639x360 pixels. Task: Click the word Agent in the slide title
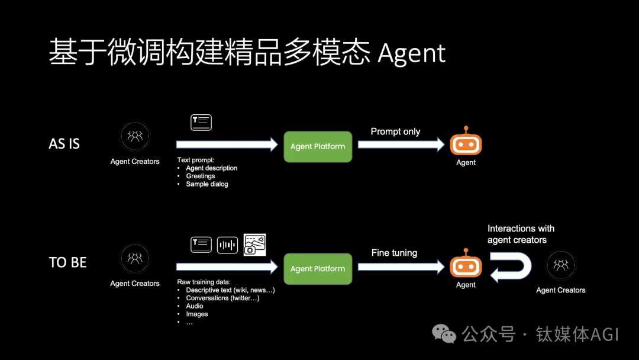coord(411,53)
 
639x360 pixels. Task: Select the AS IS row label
coord(64,144)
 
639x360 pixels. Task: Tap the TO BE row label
coord(67,262)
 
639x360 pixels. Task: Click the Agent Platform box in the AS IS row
coord(318,146)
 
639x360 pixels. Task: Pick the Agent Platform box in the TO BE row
coord(318,268)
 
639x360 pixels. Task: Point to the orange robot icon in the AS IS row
coord(466,142)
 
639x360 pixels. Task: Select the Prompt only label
coord(395,131)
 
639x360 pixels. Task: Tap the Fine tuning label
coord(394,253)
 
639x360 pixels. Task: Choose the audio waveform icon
coord(227,245)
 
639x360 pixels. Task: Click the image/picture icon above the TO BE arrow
coord(254,245)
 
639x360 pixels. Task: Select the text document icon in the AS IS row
coord(201,123)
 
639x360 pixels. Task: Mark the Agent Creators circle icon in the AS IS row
coord(135,137)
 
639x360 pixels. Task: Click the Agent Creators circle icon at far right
coord(560,265)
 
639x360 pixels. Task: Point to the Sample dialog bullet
coord(206,184)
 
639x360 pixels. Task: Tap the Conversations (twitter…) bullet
coord(222,298)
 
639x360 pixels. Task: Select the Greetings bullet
coord(201,176)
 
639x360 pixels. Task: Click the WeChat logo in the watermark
coord(444,334)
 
